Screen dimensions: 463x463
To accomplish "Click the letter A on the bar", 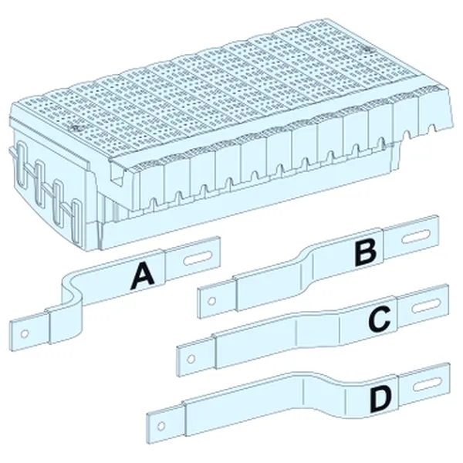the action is (142, 277).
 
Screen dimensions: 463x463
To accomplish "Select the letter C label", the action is (380, 318).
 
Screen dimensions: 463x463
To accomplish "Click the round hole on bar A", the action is (25, 334).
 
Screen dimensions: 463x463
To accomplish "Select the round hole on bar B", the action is (211, 301).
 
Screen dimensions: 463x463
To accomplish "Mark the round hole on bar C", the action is (191, 359).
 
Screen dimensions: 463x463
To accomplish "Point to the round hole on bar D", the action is (161, 426).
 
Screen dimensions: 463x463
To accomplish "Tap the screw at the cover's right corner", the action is (367, 49).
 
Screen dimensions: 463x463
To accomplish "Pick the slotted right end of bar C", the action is (423, 306).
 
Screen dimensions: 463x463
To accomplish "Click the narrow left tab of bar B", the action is (217, 299).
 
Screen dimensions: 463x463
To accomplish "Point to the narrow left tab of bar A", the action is (30, 332).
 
